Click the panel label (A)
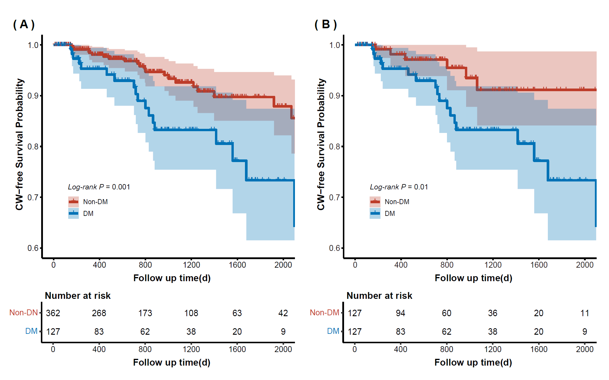tap(24, 24)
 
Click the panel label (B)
tap(326, 24)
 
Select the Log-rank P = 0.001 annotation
tap(99, 187)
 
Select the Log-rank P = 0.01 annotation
tap(399, 187)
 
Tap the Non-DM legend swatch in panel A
tap(74, 202)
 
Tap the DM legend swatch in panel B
tap(375, 214)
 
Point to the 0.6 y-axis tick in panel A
tap(33, 248)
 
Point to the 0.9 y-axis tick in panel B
tap(335, 96)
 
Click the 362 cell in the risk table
tap(53, 313)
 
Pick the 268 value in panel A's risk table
tap(99, 313)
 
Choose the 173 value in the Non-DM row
tap(145, 313)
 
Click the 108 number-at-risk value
tap(191, 313)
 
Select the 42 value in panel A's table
tap(283, 313)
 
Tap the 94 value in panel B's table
tap(401, 313)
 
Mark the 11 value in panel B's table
tap(585, 313)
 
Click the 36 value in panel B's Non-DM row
tap(493, 313)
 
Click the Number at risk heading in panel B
tap(379, 296)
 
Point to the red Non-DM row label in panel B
tap(324, 312)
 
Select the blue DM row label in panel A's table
tap(31, 331)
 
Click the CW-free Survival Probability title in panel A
tap(19, 144)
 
